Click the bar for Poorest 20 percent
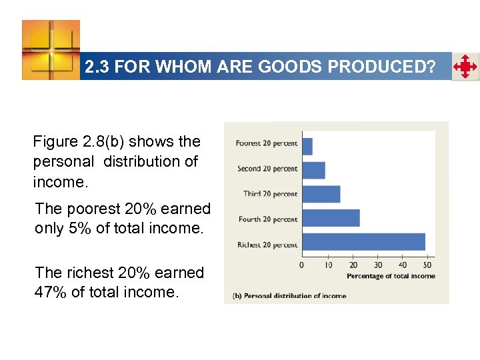tap(307, 146)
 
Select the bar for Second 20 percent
tap(313, 170)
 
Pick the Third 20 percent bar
tap(321, 194)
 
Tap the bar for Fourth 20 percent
tap(331, 218)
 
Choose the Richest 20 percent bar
tap(363, 242)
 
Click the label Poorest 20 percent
tap(267, 143)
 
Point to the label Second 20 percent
tap(267, 169)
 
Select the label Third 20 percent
tap(270, 194)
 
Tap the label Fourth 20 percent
tap(268, 219)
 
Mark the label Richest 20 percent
tap(267, 245)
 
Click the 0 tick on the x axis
tap(302, 265)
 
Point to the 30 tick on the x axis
tap(378, 265)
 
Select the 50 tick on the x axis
tap(428, 265)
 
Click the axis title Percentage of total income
tap(391, 276)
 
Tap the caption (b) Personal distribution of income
tap(289, 296)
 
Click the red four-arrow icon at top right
tap(465, 67)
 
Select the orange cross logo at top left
tap(51, 50)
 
